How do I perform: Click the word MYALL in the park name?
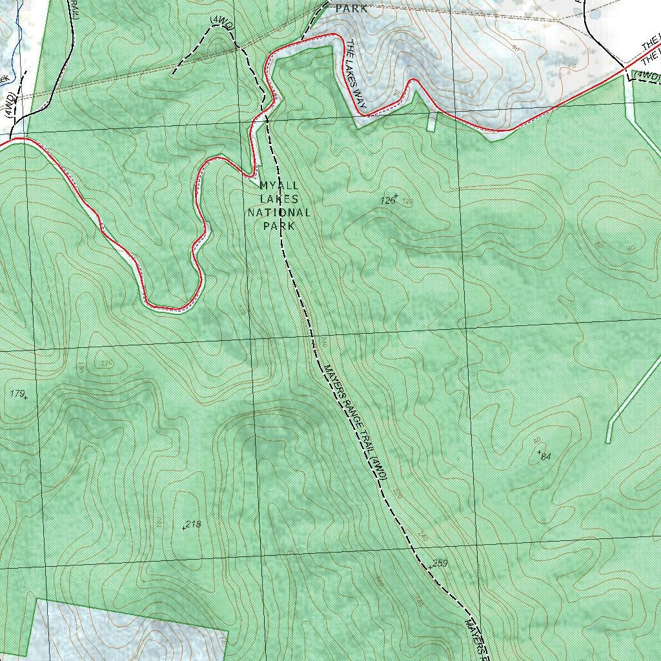pos(279,185)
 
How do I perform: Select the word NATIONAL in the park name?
pos(279,212)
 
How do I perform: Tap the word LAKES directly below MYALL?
pos(279,198)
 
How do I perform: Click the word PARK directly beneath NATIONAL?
pos(279,226)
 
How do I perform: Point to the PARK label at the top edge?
pos(352,8)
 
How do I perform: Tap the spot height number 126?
pos(387,201)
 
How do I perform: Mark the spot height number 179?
pos(17,393)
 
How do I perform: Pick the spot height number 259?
pos(440,564)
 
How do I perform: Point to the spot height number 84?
pos(546,457)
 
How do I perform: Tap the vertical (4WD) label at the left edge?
pos(8,107)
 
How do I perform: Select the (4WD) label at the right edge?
pos(647,76)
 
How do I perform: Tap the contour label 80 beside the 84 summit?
pos(536,440)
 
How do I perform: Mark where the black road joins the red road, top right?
pos(625,66)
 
